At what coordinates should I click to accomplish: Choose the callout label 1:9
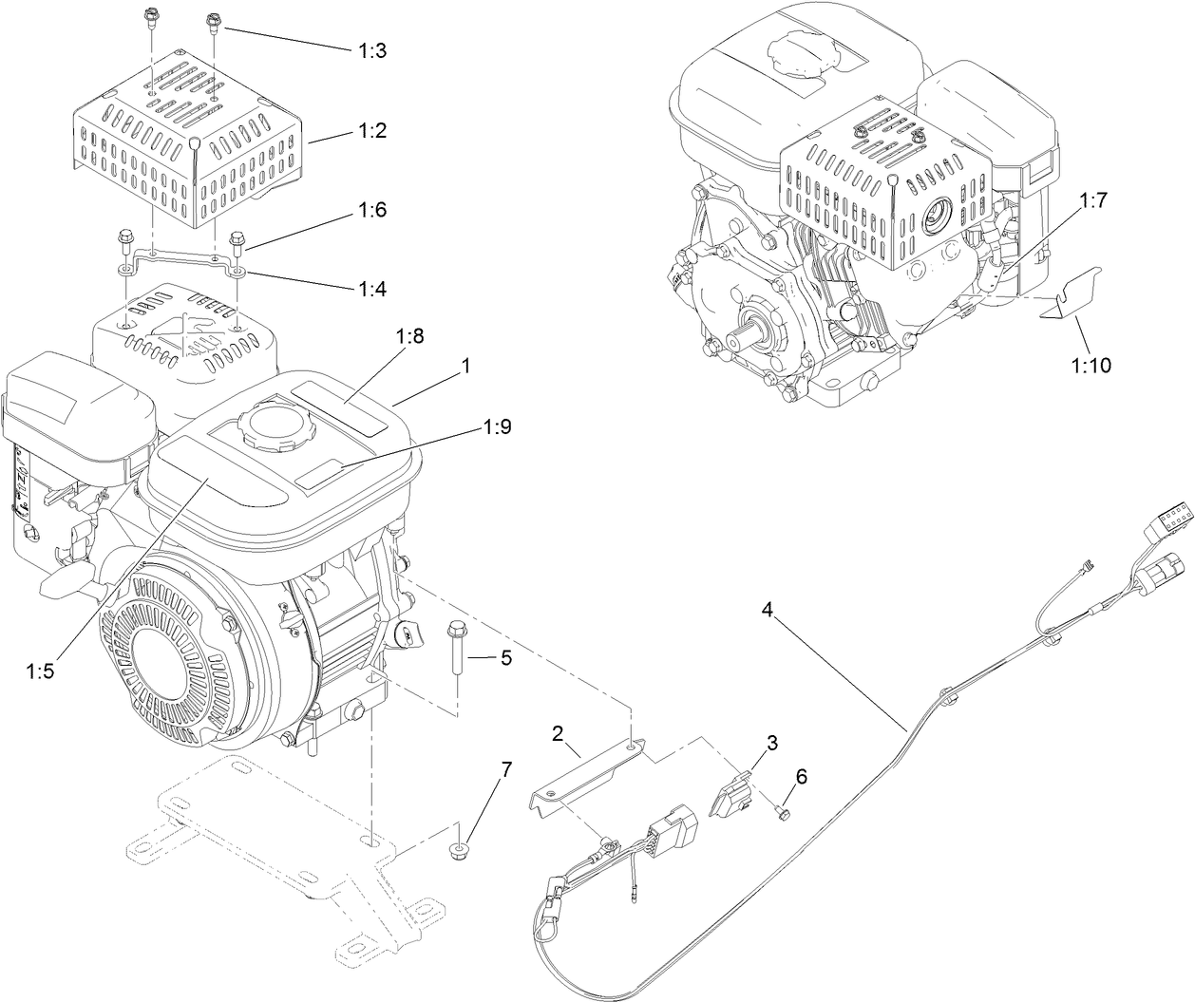coord(497,427)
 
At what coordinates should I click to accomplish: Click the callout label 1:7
coord(1122,200)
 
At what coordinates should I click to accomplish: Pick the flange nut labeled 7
coord(460,847)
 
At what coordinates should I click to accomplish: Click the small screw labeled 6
coord(782,810)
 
